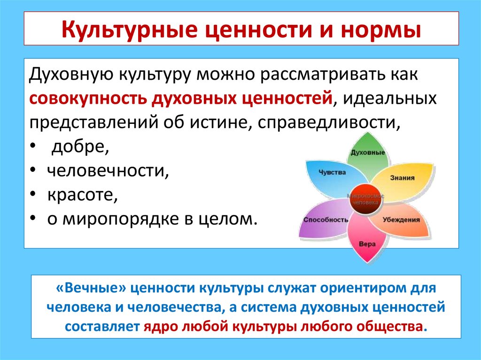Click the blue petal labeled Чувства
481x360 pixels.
pyautogui.click(x=331, y=172)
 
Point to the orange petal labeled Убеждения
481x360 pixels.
pyautogui.click(x=401, y=220)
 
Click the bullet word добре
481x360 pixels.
pyautogui.click(x=80, y=147)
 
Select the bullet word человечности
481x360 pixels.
pyautogui.click(x=108, y=171)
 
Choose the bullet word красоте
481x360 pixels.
pyautogui.click(x=82, y=195)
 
